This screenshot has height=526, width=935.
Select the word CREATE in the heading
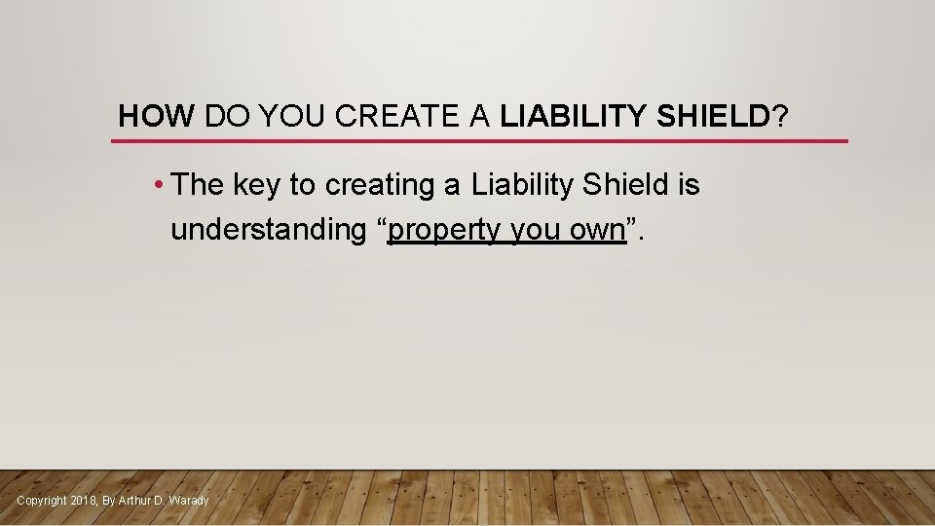point(393,117)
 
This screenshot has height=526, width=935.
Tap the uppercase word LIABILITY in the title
point(573,117)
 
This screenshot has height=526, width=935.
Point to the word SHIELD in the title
point(712,117)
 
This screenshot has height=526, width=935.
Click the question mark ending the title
point(780,117)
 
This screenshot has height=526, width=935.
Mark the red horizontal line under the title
point(479,141)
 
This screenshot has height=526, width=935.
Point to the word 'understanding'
point(267,230)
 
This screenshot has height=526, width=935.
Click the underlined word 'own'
point(597,231)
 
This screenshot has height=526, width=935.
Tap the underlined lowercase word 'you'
point(536,231)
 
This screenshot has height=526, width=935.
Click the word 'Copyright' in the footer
point(42,501)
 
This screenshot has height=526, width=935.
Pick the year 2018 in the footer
point(84,501)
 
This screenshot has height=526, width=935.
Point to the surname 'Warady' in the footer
point(189,501)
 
